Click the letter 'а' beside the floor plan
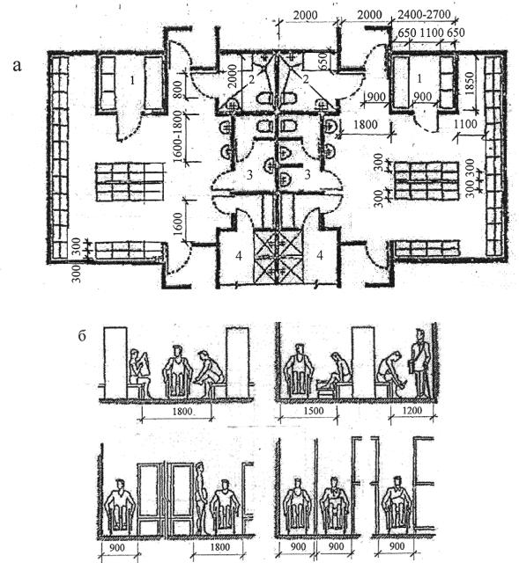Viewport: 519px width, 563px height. [17, 67]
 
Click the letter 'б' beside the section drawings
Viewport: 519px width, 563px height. [82, 336]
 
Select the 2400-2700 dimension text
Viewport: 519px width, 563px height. [425, 14]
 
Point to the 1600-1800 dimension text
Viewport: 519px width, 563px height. [178, 137]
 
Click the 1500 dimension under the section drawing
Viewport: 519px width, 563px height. [314, 411]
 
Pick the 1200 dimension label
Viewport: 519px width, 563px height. [411, 411]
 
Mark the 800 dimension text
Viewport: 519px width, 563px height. [178, 89]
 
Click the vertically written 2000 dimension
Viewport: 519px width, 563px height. [233, 77]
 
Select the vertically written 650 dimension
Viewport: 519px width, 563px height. [323, 61]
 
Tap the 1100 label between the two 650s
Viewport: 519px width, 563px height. [432, 33]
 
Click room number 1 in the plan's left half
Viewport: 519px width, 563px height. [132, 80]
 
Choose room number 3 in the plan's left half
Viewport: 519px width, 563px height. [249, 175]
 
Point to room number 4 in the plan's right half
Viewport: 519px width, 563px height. [319, 255]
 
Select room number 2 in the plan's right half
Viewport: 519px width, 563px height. [306, 79]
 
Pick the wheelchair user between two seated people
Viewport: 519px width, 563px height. [177, 371]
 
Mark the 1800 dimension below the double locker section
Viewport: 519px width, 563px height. [219, 547]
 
